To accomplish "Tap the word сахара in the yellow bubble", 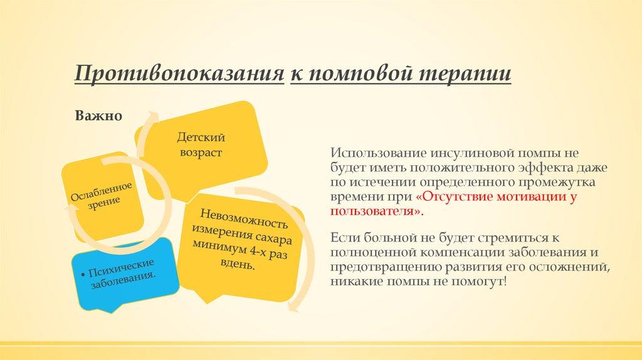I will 271,236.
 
